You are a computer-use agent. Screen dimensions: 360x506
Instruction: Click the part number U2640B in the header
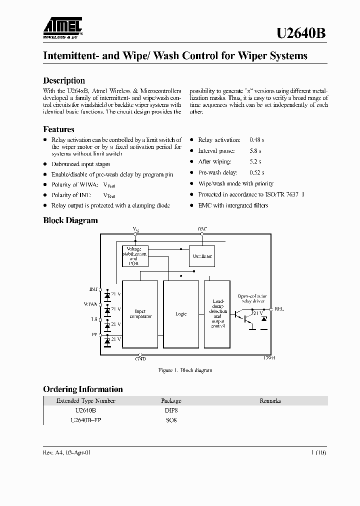[x=301, y=33]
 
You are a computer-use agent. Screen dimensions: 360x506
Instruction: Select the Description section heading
[x=64, y=80]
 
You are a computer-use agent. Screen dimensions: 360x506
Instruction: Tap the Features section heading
[x=59, y=129]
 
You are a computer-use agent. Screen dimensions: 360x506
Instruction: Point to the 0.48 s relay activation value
[x=256, y=140]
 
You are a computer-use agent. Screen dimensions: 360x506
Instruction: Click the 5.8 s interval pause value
[x=255, y=151]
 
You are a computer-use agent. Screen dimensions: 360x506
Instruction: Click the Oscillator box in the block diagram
[x=202, y=256]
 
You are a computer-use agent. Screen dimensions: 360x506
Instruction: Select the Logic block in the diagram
[x=181, y=314]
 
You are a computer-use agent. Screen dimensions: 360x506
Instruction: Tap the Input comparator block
[x=140, y=314]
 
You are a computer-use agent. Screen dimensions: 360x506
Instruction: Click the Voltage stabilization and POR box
[x=135, y=256]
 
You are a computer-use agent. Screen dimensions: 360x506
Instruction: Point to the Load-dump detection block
[x=217, y=314]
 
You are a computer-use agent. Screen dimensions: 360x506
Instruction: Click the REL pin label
[x=279, y=309]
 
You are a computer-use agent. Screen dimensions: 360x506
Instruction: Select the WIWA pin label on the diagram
[x=90, y=304]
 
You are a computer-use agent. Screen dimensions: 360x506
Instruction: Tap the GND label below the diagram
[x=140, y=358]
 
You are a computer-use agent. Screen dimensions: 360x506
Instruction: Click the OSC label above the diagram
[x=202, y=228]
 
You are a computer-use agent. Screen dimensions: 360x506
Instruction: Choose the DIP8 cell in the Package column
[x=171, y=410]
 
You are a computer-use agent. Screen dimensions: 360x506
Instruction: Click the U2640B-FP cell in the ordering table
[x=86, y=420]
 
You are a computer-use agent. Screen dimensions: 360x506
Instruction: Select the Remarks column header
[x=270, y=400]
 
